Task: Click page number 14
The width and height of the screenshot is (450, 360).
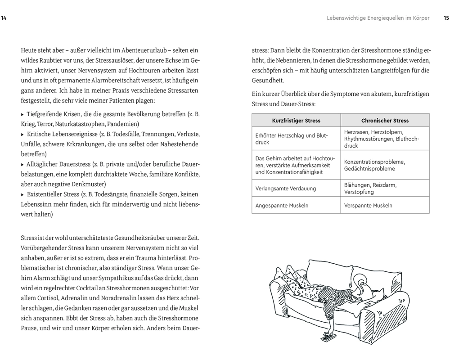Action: click(x=4, y=18)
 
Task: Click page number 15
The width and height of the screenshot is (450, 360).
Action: click(x=446, y=18)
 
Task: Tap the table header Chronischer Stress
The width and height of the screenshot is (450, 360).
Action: click(x=385, y=121)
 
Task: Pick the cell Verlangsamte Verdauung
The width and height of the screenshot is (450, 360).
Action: click(x=285, y=189)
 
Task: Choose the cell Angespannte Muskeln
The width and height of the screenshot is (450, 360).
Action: click(x=281, y=206)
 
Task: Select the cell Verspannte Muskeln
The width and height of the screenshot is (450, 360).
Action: click(x=368, y=206)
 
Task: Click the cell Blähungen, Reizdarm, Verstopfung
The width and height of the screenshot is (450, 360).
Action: click(x=370, y=188)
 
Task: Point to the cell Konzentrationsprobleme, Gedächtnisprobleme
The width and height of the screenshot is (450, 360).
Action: click(x=374, y=165)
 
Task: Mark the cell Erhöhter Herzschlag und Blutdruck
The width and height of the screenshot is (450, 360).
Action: click(x=291, y=139)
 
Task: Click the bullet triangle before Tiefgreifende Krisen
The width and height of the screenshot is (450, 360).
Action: click(x=23, y=114)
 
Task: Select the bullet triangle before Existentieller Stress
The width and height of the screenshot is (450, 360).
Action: click(x=23, y=194)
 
